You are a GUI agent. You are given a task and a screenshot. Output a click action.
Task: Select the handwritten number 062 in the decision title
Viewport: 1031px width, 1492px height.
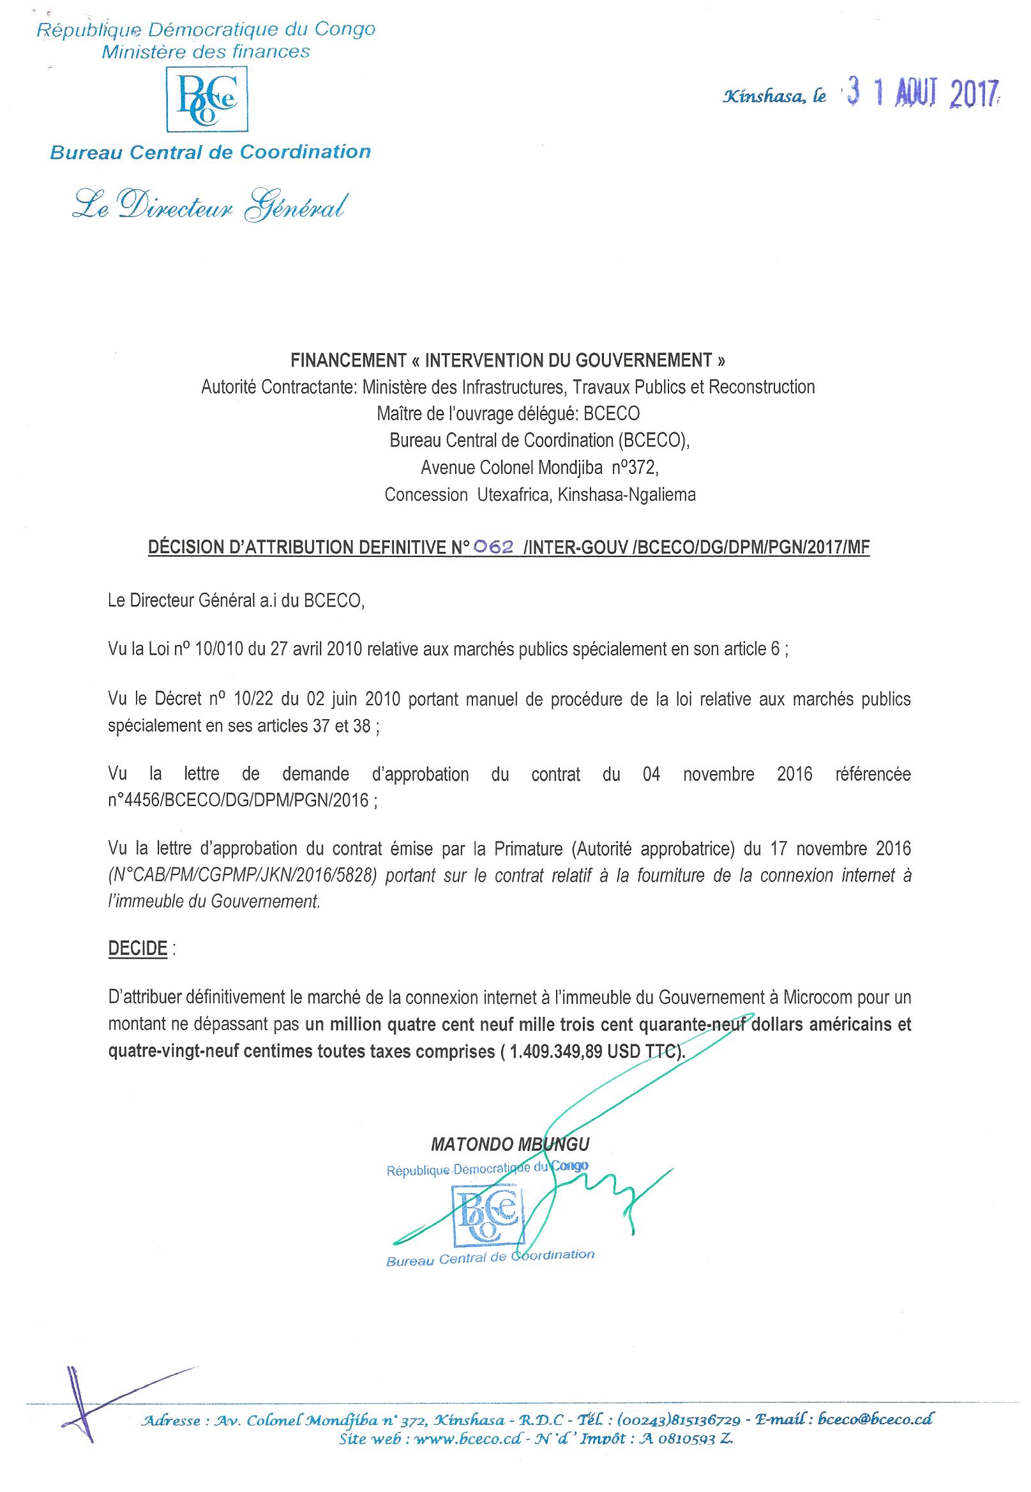[x=493, y=547]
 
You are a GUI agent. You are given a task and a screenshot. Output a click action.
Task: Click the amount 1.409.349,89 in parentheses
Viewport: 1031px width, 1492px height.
[x=555, y=1051]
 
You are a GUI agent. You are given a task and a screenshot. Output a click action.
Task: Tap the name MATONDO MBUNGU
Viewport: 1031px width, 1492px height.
[x=510, y=1145]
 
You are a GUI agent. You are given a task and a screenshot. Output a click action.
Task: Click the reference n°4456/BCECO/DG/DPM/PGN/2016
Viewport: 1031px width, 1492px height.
[x=238, y=800]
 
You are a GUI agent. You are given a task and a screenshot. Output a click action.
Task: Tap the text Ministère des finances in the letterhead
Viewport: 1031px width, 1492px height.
[x=206, y=52]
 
